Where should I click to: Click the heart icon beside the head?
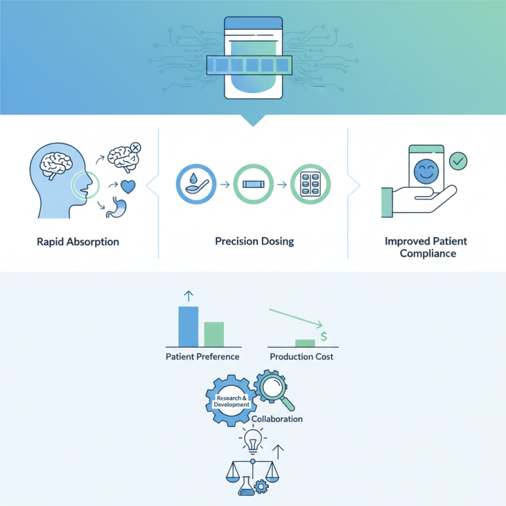(128, 187)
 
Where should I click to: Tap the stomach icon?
(116, 207)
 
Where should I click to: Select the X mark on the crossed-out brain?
(136, 148)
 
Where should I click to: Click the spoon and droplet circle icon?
(196, 184)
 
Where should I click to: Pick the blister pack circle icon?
(311, 184)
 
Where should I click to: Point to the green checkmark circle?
(458, 161)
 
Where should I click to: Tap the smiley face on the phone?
(426, 171)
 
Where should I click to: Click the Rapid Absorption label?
(78, 242)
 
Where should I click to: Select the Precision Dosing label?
(255, 242)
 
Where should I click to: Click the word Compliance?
(428, 254)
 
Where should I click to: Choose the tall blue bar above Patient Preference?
(188, 326)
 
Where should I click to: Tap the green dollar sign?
(324, 336)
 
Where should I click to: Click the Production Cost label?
(302, 357)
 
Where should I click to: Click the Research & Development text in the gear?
(231, 401)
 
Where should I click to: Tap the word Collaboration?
(277, 419)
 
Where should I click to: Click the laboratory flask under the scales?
(246, 486)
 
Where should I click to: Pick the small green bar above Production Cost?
(305, 343)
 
